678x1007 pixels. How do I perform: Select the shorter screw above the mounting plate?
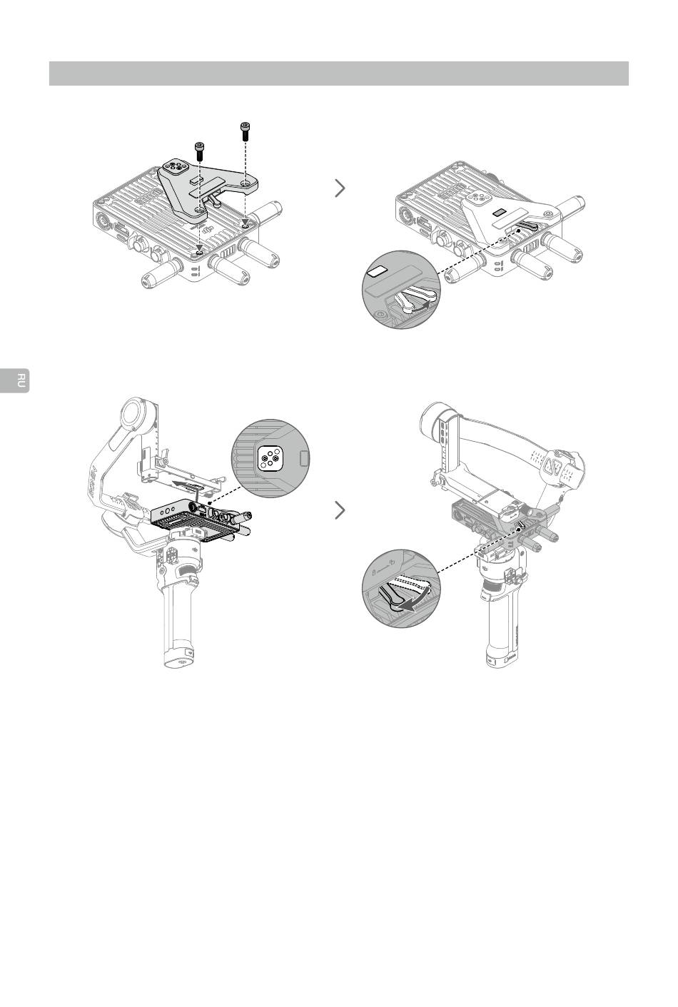tap(199, 150)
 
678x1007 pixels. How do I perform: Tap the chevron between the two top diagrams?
tap(340, 188)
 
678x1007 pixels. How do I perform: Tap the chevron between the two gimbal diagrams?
tap(340, 510)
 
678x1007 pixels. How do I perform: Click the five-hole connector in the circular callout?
tap(270, 458)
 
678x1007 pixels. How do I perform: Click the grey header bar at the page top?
tap(338, 74)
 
